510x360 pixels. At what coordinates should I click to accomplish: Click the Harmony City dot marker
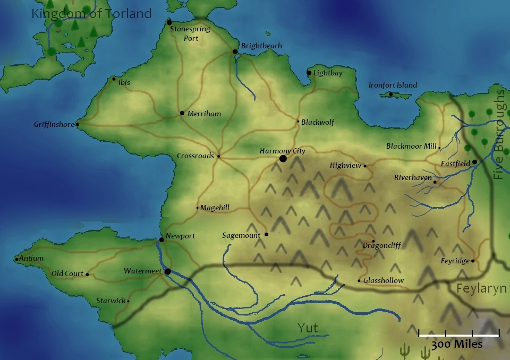click(x=283, y=159)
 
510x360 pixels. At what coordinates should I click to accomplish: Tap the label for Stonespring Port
click(x=184, y=34)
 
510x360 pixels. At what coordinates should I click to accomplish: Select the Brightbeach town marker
click(x=235, y=52)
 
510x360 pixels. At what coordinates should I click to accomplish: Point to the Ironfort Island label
click(x=393, y=85)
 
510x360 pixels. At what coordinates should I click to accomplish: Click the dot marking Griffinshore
click(x=78, y=125)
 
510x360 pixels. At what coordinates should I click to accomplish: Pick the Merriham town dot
click(x=182, y=113)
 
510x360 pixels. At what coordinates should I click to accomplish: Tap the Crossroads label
click(x=195, y=156)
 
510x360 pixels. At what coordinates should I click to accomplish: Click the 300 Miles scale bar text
click(x=457, y=345)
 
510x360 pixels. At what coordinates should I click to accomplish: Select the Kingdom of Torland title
click(x=91, y=13)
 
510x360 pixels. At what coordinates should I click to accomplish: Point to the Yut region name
click(x=308, y=328)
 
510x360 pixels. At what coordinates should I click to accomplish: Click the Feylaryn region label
click(x=482, y=288)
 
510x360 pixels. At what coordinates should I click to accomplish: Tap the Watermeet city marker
click(x=168, y=271)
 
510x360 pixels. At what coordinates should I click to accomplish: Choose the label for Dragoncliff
click(x=381, y=245)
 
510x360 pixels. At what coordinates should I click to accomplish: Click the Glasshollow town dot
click(x=359, y=281)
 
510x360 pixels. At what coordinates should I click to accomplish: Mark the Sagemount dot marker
click(x=266, y=234)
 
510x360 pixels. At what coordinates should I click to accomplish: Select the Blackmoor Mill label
click(x=411, y=146)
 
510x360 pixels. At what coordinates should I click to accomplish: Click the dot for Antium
click(x=17, y=260)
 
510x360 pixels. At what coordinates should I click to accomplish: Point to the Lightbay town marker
click(x=309, y=73)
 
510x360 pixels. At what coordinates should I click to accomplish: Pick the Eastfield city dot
click(x=475, y=162)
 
